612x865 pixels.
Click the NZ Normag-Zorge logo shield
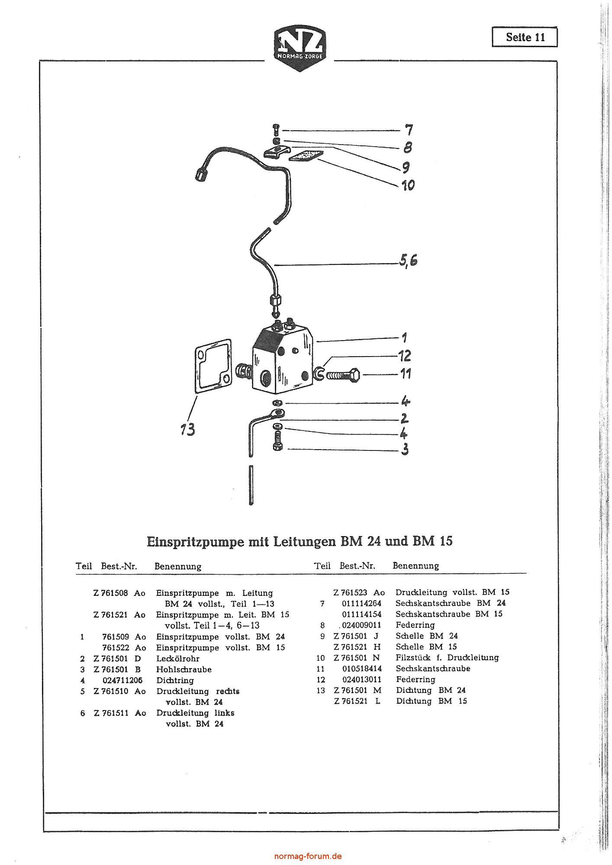(x=300, y=49)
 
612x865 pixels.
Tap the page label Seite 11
(x=525, y=37)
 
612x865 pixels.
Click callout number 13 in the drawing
(x=188, y=429)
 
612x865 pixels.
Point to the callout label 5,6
(x=408, y=260)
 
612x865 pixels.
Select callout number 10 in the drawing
(x=407, y=185)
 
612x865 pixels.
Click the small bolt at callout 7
(x=276, y=129)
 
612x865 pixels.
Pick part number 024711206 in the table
(x=122, y=680)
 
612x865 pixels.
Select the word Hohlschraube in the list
(x=184, y=669)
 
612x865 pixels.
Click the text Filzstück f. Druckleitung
(x=447, y=658)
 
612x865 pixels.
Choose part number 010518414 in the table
(x=362, y=669)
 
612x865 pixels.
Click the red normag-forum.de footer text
(x=308, y=856)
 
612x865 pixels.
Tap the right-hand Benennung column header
(x=416, y=566)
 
